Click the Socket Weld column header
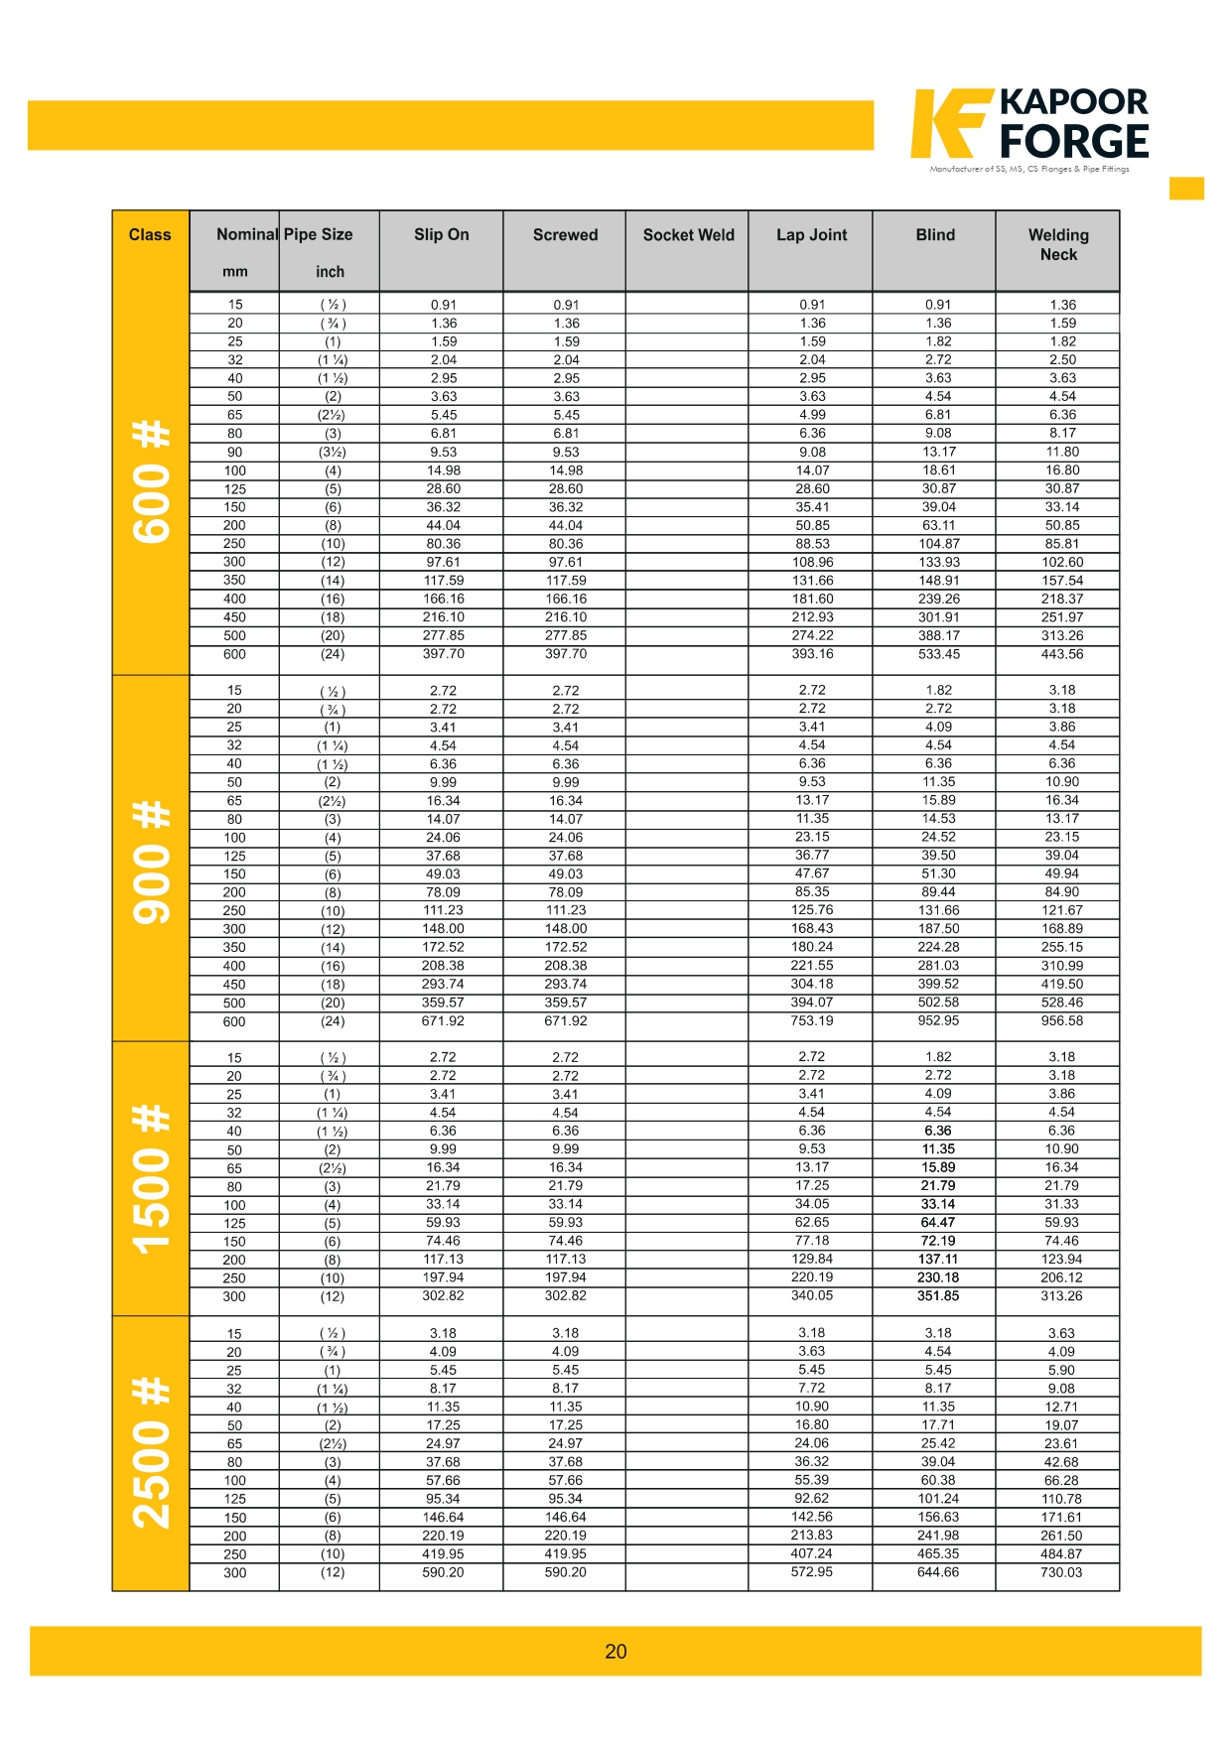tap(688, 235)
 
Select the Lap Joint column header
tap(811, 235)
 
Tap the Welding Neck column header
tap(1058, 244)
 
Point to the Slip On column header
tap(441, 235)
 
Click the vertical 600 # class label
tap(151, 480)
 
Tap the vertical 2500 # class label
tap(151, 1453)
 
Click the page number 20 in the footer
tap(616, 1651)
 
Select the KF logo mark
tap(949, 123)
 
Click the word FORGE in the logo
tap(1074, 142)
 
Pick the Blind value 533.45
tap(937, 654)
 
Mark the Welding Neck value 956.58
tap(1061, 1020)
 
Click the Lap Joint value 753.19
tap(811, 1020)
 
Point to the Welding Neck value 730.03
tap(1061, 1572)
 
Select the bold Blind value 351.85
tap(937, 1295)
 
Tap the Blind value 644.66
tap(937, 1572)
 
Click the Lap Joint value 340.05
tap(811, 1295)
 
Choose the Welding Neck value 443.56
tap(1061, 654)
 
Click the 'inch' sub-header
tap(330, 272)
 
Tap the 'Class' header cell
tap(150, 235)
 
